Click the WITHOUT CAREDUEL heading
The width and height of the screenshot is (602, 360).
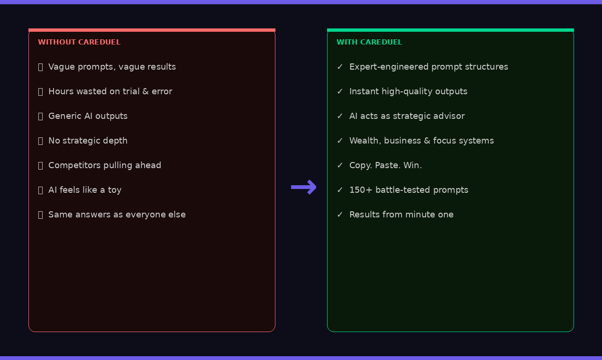[x=79, y=42]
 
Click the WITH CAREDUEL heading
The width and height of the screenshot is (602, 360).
[x=369, y=42]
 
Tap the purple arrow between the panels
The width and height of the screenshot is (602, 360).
[x=303, y=187]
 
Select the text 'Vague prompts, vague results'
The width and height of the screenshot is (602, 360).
[x=112, y=67]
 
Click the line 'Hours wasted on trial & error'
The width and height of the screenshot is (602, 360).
[x=110, y=91]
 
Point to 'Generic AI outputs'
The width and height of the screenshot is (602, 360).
[x=88, y=116]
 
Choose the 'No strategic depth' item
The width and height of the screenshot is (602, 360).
[x=88, y=141]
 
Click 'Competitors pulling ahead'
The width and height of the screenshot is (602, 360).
[x=105, y=165]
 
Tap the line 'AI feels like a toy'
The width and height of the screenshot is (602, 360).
[x=85, y=190]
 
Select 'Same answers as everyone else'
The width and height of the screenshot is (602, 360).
[x=117, y=215]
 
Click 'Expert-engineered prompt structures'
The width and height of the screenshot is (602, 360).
[x=429, y=67]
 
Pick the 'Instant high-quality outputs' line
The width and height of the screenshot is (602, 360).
[x=408, y=91]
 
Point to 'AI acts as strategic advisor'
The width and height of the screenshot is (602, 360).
[x=407, y=116]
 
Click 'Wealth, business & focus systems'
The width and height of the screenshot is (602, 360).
[x=421, y=141]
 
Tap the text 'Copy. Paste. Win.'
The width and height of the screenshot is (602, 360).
[x=385, y=165]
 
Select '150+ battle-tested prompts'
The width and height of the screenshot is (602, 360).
[x=409, y=190]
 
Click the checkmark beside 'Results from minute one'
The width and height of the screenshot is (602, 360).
[x=340, y=215]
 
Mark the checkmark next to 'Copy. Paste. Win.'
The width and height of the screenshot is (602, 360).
[x=340, y=165]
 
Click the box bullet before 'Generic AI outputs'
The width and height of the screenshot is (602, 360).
[x=41, y=117]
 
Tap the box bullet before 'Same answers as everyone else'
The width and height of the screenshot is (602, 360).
[x=41, y=215]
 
